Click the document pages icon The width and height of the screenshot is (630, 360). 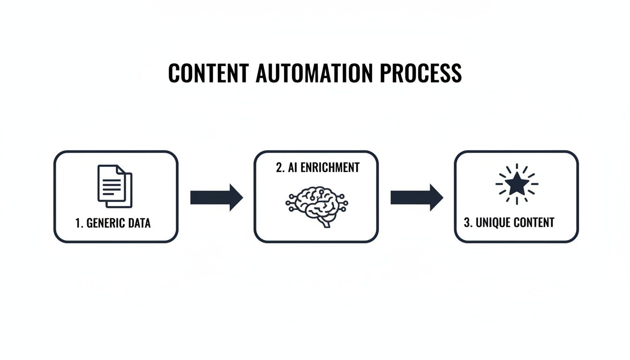tap(115, 186)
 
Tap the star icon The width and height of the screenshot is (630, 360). tap(517, 184)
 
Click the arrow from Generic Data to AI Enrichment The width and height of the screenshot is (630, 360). tap(216, 198)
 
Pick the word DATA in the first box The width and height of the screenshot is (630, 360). tap(140, 223)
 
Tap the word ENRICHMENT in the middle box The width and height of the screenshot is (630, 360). tap(330, 167)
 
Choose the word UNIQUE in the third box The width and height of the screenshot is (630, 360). tap(493, 222)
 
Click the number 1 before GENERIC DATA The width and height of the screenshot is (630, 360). tap(78, 223)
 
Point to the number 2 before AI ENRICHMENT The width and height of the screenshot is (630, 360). tap(279, 167)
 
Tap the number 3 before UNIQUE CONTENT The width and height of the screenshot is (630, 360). tap(467, 222)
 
